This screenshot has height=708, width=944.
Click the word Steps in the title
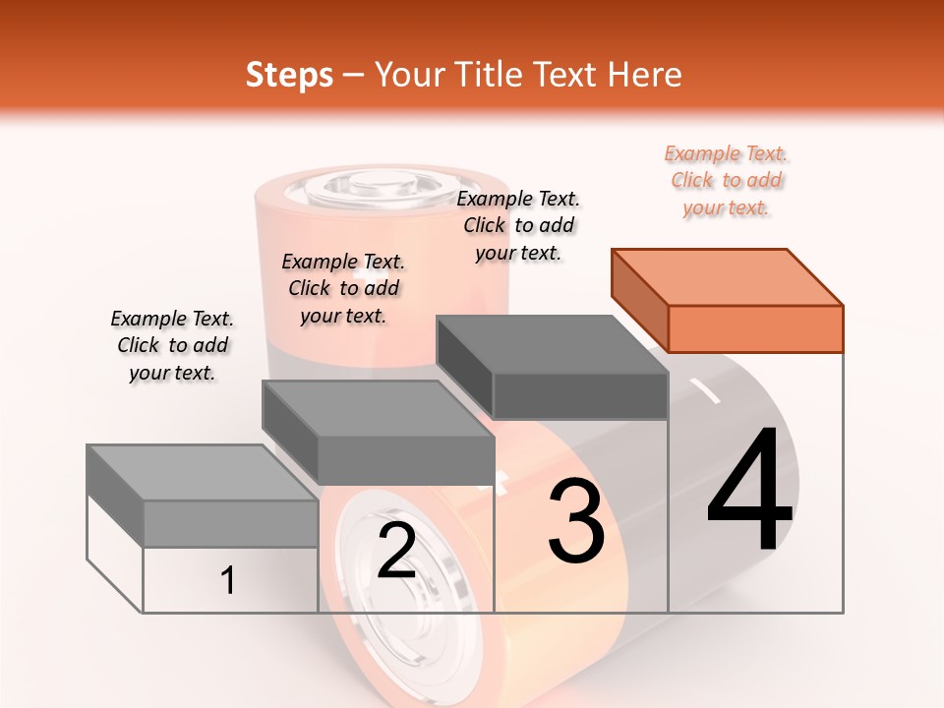(x=289, y=75)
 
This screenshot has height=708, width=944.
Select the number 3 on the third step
(x=576, y=521)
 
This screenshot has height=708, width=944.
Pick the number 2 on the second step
(x=396, y=551)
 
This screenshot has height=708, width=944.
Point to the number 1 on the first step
(x=228, y=580)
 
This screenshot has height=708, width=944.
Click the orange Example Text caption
(x=726, y=180)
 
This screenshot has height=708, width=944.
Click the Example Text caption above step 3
(x=518, y=225)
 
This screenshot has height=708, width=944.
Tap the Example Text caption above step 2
(x=343, y=288)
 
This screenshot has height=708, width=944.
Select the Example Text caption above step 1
(x=172, y=345)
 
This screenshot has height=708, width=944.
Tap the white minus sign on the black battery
(x=705, y=390)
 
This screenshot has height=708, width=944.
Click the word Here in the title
(x=646, y=75)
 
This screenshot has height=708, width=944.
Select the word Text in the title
(x=568, y=75)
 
